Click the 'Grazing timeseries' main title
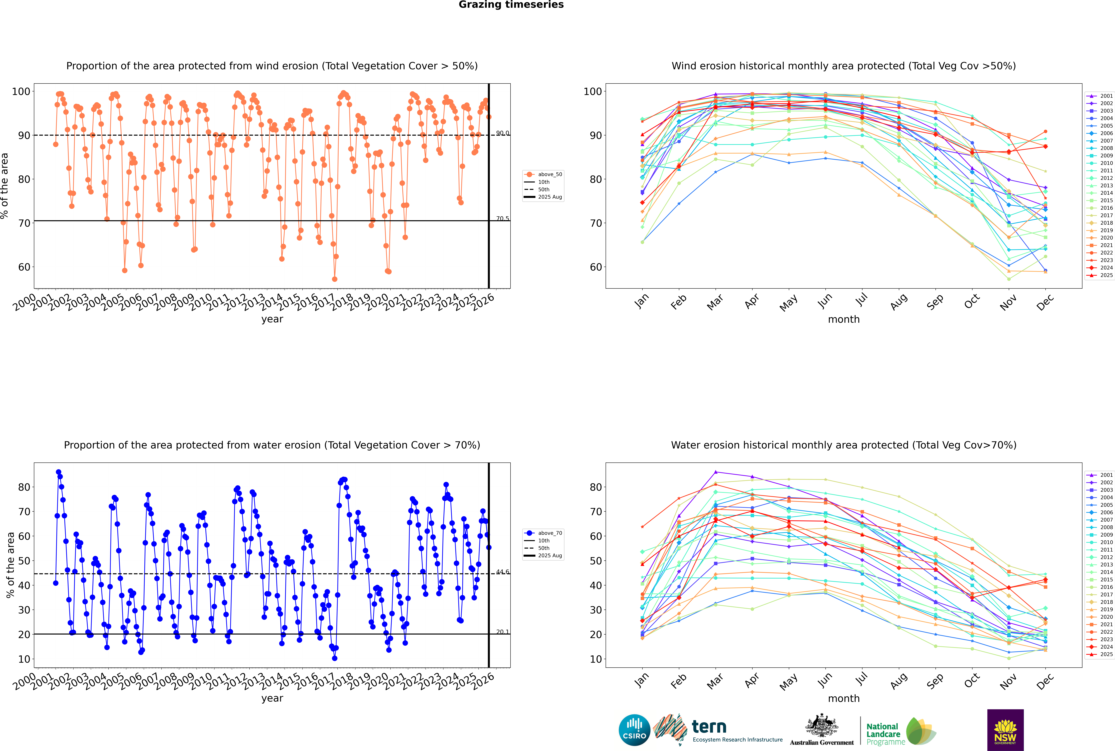(x=511, y=5)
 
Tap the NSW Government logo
(x=1005, y=729)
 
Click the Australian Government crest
(x=822, y=726)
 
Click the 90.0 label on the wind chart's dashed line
(x=502, y=133)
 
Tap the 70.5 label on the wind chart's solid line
(x=502, y=219)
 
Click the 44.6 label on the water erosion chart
(x=502, y=572)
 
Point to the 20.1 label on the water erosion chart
(x=502, y=632)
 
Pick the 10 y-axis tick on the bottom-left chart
(x=24, y=659)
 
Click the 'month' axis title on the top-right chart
(x=844, y=320)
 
